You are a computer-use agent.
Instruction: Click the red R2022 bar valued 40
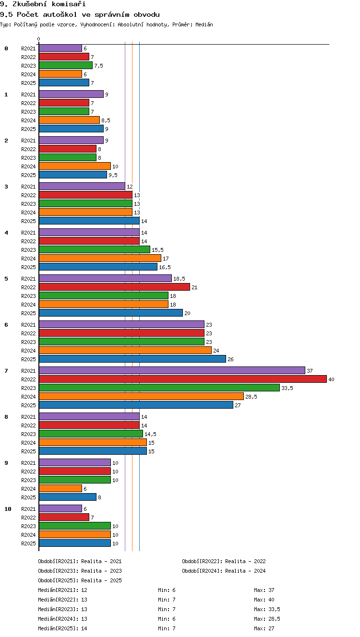pos(183,379)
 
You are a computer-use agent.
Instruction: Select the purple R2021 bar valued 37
pos(172,370)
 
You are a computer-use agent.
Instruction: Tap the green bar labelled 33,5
pos(159,388)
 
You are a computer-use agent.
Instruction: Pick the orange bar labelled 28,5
pos(141,396)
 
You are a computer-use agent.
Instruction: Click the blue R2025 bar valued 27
pos(136,405)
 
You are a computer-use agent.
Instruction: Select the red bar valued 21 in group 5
pos(114,287)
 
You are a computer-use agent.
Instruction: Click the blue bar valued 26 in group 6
pos(132,359)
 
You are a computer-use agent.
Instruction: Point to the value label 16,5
pos(165,267)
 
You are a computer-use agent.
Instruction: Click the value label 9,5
pos(113,175)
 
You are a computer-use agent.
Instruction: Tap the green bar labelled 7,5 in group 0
pos(66,65)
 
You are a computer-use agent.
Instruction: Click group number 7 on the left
pos(6,371)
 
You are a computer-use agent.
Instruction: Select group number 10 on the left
pos(8,509)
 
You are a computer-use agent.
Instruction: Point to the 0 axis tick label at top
pos(39,39)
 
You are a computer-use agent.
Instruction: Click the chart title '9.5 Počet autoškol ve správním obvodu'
pos(80,14)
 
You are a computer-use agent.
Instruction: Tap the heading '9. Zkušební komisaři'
pos(43,4)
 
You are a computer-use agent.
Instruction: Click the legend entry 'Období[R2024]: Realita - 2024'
pos(224,571)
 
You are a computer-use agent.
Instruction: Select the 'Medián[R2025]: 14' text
pos(62,628)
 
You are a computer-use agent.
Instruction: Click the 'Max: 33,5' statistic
pos(267,609)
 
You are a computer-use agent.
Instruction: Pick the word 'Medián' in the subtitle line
pos(204,24)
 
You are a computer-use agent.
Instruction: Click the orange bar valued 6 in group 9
pos(60,488)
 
